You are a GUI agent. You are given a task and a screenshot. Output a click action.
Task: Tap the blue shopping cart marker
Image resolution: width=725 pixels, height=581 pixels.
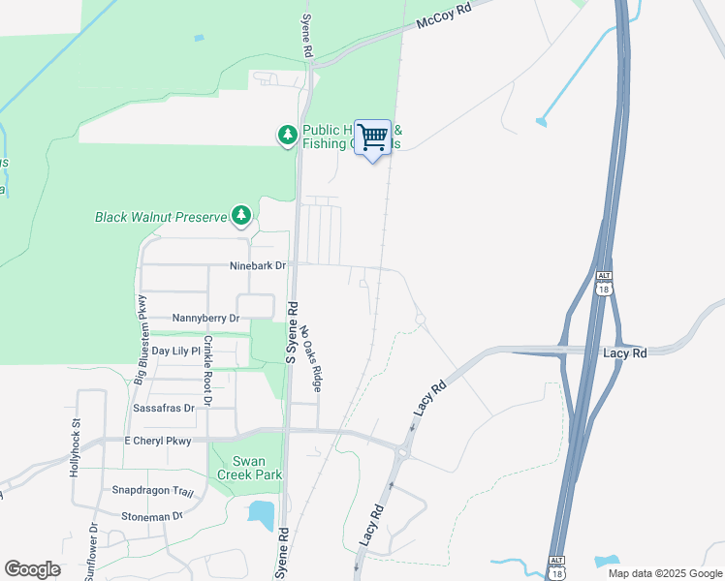tap(372, 138)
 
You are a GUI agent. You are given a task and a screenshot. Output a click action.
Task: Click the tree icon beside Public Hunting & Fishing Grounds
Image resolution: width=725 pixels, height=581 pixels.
tap(287, 137)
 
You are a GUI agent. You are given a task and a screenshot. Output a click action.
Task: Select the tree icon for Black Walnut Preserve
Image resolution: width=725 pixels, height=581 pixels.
tap(241, 216)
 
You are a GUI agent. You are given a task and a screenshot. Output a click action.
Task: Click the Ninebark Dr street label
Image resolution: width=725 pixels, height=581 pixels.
tap(258, 265)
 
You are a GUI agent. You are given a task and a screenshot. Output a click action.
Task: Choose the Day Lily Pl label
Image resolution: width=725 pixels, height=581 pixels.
tap(175, 351)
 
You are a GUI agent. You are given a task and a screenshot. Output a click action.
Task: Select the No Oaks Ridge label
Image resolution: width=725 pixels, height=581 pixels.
tap(309, 356)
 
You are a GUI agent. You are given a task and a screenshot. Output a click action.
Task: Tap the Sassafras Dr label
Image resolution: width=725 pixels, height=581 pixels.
tap(163, 409)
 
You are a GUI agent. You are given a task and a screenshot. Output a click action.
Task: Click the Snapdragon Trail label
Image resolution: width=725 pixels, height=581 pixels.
tap(146, 491)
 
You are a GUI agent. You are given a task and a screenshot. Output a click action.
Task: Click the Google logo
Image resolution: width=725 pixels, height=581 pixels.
tap(32, 569)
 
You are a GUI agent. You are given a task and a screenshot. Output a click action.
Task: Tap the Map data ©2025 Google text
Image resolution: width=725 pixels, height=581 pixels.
tap(664, 573)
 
